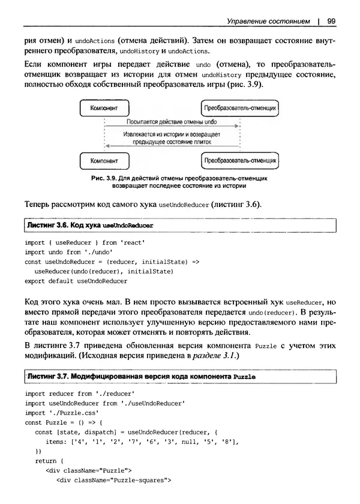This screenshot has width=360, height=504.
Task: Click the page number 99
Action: [331, 21]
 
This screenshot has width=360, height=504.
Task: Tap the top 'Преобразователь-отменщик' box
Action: [240, 109]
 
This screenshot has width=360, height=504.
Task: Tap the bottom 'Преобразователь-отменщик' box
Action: [240, 161]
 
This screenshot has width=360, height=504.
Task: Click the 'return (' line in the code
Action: [50, 461]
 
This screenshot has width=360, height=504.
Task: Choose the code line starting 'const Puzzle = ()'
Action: [65, 422]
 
